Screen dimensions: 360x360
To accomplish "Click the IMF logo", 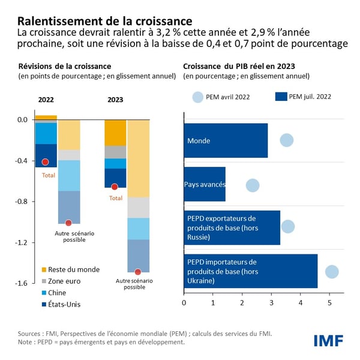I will click(328, 341).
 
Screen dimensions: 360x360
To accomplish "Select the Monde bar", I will click(226, 140).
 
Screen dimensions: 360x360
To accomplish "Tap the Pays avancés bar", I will click(205, 184).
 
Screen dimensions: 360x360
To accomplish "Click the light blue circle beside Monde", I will click(287, 140).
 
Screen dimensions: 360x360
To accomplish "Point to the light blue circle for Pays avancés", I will click(253, 185).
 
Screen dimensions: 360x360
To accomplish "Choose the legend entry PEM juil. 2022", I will click(303, 96).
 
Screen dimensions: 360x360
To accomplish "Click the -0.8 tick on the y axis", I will click(22, 202).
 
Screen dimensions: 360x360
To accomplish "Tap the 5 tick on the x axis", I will click(329, 302).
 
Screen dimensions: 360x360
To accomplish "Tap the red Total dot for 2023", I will click(115, 187).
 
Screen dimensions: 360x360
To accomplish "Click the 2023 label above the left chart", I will click(115, 100).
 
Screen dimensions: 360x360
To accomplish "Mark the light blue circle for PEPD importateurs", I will click(332, 272).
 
